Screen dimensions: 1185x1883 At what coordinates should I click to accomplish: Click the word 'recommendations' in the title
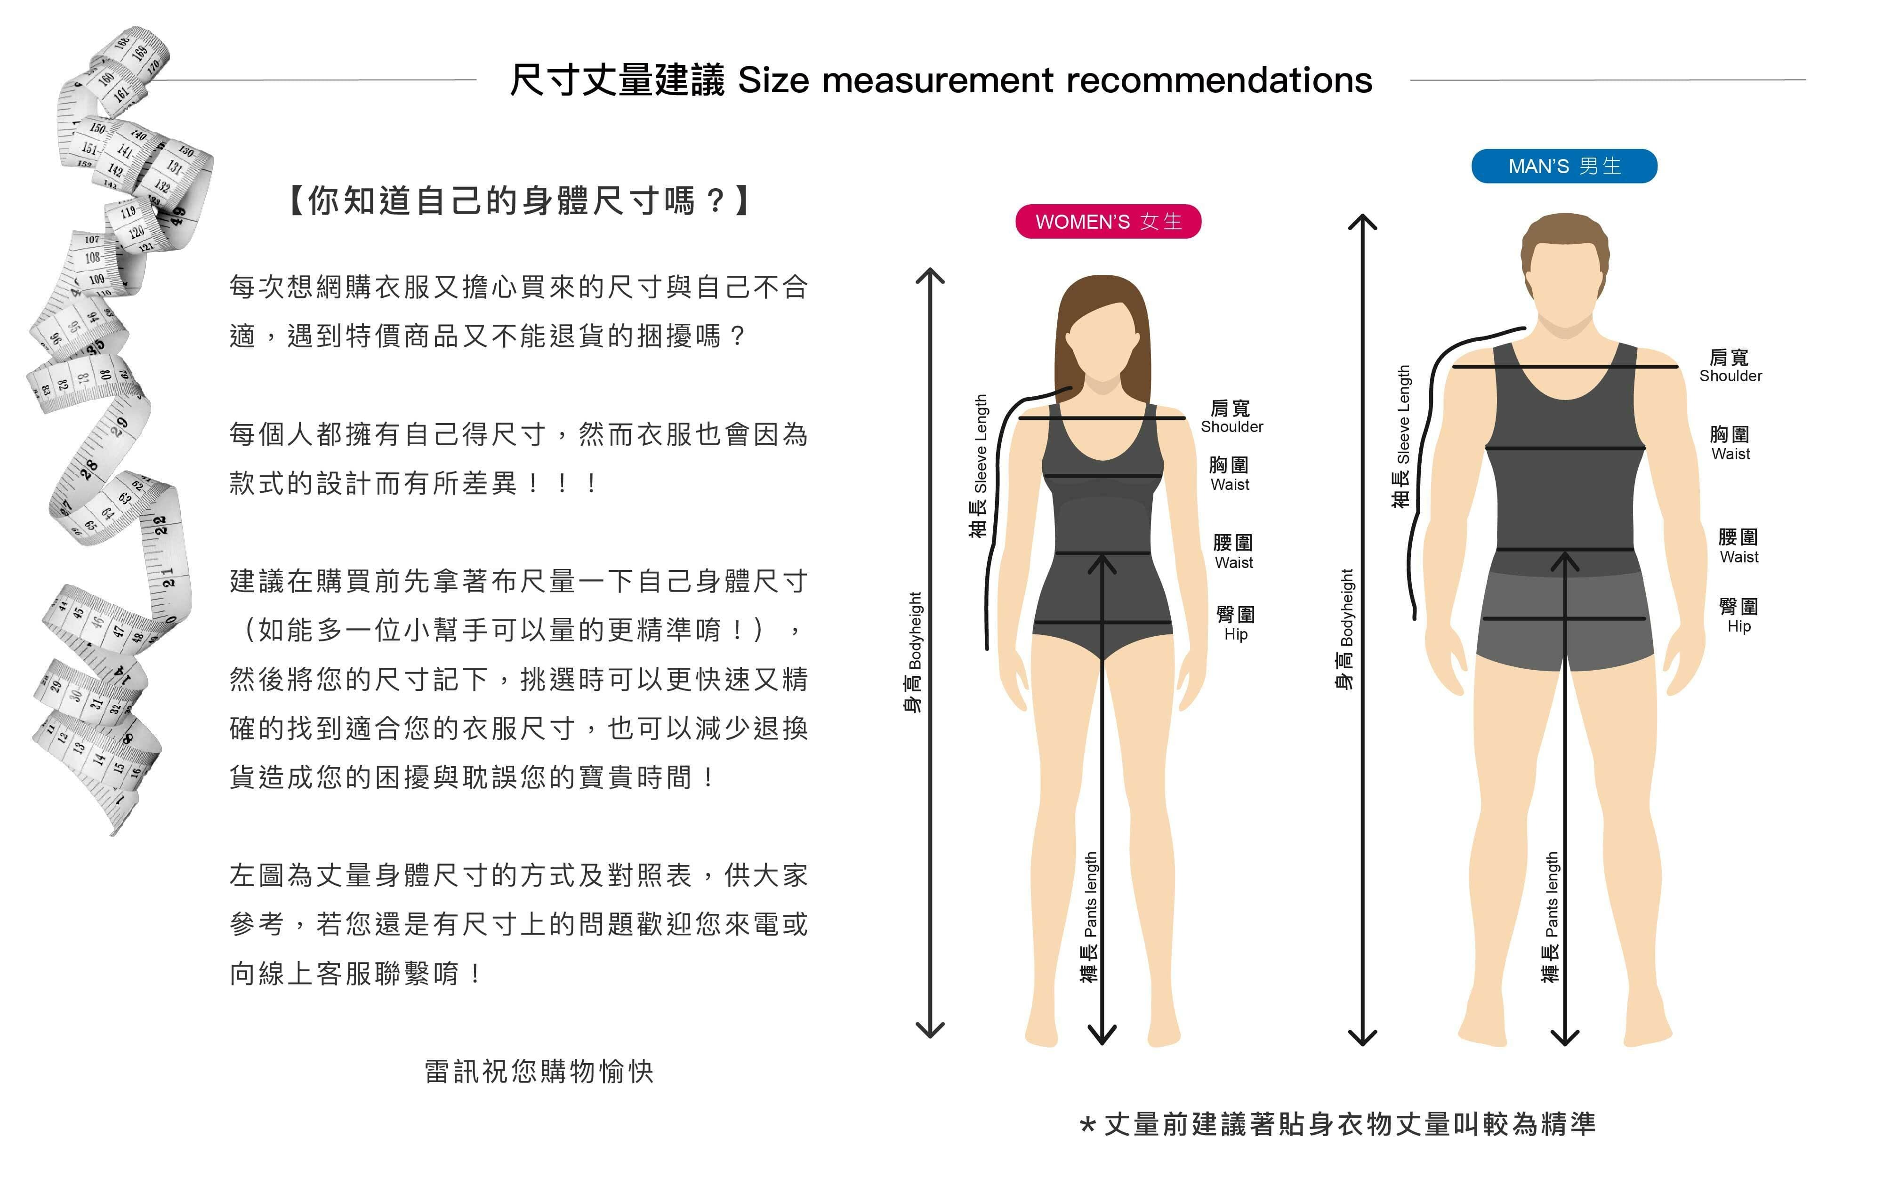(x=1218, y=80)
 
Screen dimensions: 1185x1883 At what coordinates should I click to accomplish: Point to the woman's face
(x=1102, y=344)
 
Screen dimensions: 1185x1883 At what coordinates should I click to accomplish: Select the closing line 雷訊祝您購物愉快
(x=539, y=1071)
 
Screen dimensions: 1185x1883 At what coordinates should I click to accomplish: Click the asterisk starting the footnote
(x=1087, y=1126)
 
